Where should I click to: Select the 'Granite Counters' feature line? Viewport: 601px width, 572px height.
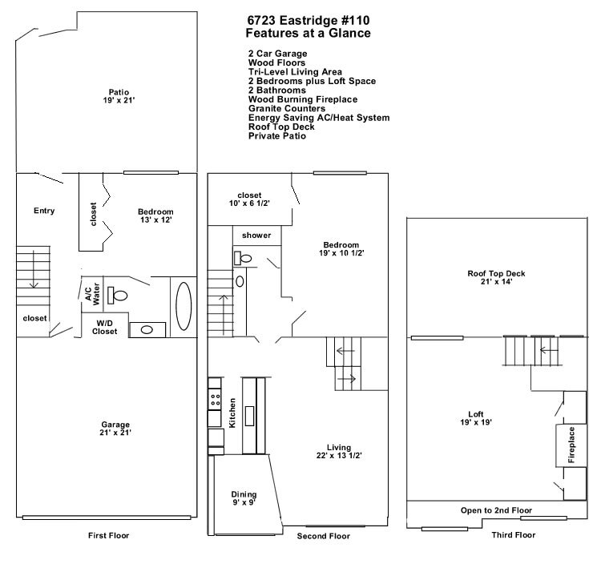[x=286, y=108]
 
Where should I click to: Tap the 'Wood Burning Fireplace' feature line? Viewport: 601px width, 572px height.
[x=303, y=99]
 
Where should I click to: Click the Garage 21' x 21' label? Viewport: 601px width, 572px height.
[x=115, y=428]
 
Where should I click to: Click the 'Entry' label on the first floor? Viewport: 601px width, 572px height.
[x=44, y=211]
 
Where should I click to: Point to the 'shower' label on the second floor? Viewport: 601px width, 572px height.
[x=256, y=236]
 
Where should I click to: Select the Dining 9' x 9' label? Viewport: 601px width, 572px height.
[x=244, y=499]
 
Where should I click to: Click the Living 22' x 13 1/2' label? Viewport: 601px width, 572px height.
[x=338, y=452]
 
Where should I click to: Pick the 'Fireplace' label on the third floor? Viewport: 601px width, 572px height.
[x=572, y=445]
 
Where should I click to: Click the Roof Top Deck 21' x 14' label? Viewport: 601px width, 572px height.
[x=496, y=278]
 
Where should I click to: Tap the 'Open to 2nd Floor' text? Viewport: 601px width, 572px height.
[x=496, y=510]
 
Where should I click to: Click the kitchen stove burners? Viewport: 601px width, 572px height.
[x=215, y=397]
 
